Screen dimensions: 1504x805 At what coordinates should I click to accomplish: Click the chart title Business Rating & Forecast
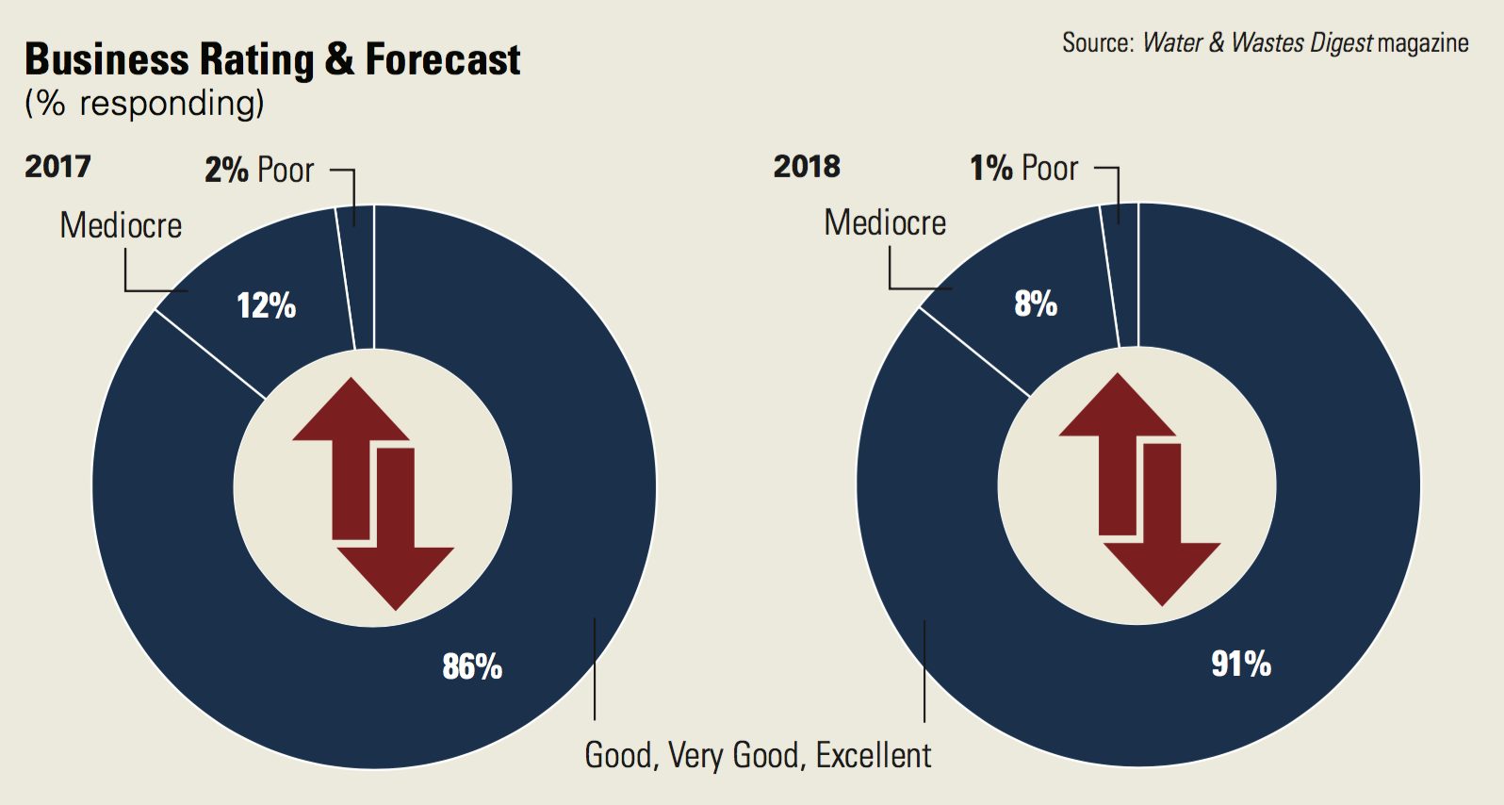272,60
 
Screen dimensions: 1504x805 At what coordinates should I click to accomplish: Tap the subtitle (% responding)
144,104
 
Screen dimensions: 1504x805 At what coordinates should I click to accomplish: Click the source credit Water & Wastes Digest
1258,43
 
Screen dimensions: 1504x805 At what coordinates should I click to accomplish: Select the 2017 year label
57,167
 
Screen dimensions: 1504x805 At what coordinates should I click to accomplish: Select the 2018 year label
807,167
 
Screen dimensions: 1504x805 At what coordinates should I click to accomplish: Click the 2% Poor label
259,170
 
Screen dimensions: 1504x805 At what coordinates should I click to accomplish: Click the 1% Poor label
1024,168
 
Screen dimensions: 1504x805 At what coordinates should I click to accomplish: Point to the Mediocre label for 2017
121,225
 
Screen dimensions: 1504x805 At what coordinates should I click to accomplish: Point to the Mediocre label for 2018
885,222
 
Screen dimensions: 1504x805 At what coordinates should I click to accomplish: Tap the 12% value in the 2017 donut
267,305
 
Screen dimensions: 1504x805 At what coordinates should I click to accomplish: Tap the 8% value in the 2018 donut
1036,304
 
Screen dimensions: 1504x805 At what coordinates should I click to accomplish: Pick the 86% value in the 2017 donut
472,666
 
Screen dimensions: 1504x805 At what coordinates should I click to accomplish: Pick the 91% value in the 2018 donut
1241,664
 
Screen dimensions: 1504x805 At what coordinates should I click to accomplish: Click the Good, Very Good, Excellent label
758,755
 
